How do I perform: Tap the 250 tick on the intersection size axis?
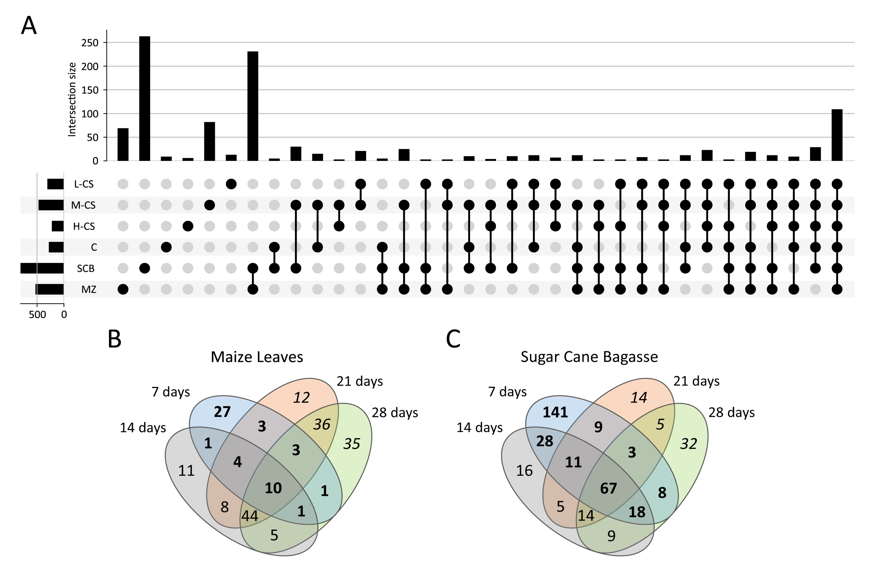point(90,43)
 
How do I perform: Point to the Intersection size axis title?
point(72,100)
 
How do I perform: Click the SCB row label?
point(85,268)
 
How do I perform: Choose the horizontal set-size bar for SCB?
point(42,268)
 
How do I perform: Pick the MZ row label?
point(89,290)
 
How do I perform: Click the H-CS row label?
point(84,226)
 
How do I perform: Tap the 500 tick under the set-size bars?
point(37,315)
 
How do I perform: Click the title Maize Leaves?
point(257,357)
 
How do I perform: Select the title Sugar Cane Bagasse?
point(589,357)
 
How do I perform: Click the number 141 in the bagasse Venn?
point(555,412)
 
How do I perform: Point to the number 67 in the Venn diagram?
point(608,488)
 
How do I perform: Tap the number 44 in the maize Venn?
point(250,516)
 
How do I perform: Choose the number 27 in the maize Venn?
point(222,412)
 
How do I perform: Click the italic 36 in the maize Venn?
point(322,425)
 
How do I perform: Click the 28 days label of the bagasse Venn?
point(732,412)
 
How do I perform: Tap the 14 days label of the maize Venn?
point(143,428)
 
